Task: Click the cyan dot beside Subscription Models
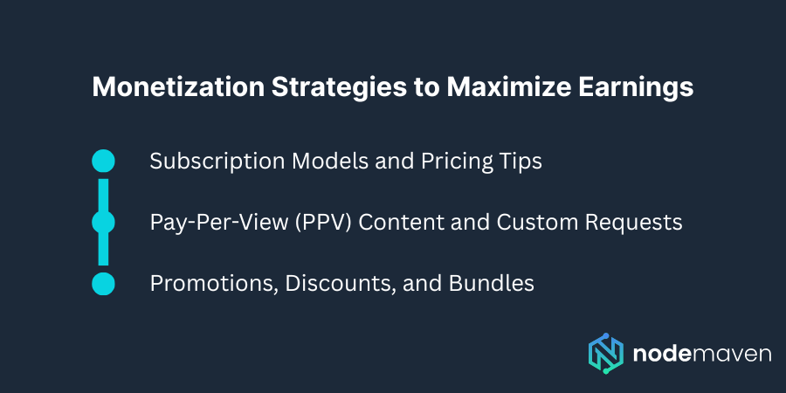(x=103, y=161)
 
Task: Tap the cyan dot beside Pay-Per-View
(x=103, y=222)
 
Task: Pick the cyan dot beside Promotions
(x=103, y=284)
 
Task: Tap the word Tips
(x=517, y=162)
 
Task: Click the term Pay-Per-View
(x=210, y=223)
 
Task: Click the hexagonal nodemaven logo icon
(x=606, y=354)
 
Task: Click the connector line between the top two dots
(x=103, y=192)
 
